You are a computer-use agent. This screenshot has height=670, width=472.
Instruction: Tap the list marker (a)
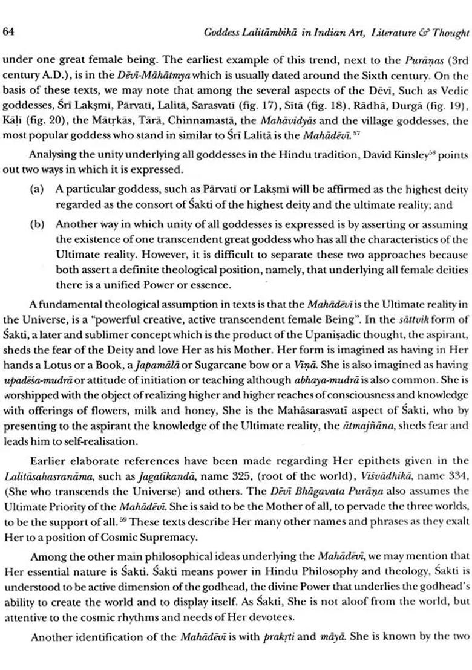coord(36,189)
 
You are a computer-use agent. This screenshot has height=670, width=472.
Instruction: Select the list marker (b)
coord(36,223)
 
